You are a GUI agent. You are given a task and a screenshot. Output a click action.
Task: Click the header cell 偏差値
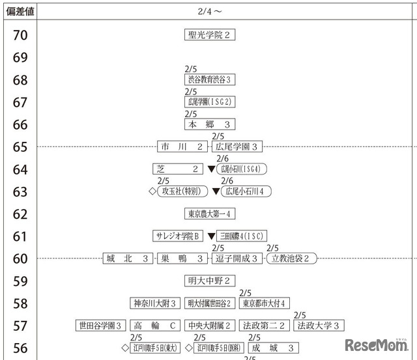pyautogui.click(x=20, y=11)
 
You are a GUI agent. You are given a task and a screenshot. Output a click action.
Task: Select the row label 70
pyautogui.click(x=20, y=35)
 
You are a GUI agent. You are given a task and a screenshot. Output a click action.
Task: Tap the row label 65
pyautogui.click(x=20, y=147)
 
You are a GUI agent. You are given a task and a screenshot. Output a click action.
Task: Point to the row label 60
pyautogui.click(x=20, y=259)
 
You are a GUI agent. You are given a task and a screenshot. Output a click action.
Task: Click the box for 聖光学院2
pyautogui.click(x=210, y=35)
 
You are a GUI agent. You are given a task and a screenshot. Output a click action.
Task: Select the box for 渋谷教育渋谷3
pyautogui.click(x=210, y=79)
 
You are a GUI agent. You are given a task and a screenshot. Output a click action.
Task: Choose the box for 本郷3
pyautogui.click(x=210, y=124)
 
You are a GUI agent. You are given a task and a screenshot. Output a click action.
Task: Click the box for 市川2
pyautogui.click(x=183, y=146)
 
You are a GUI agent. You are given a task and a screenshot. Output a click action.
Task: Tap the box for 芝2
pyautogui.click(x=178, y=169)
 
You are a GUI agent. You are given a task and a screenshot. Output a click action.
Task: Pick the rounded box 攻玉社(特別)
pyautogui.click(x=181, y=191)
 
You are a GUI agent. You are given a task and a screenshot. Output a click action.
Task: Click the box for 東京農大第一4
pyautogui.click(x=210, y=214)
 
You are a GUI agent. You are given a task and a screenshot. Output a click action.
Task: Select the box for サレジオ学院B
pyautogui.click(x=178, y=236)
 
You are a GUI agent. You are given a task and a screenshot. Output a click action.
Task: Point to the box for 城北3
pyautogui.click(x=128, y=258)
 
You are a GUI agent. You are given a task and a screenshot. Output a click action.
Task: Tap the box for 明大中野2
pyautogui.click(x=210, y=281)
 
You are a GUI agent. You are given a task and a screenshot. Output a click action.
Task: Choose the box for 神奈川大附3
pyautogui.click(x=155, y=303)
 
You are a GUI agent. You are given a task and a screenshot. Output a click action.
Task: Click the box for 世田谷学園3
pyautogui.click(x=101, y=325)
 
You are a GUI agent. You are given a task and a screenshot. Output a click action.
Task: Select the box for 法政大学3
pyautogui.click(x=319, y=325)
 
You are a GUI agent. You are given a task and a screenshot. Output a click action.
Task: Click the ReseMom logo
pyautogui.click(x=376, y=344)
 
